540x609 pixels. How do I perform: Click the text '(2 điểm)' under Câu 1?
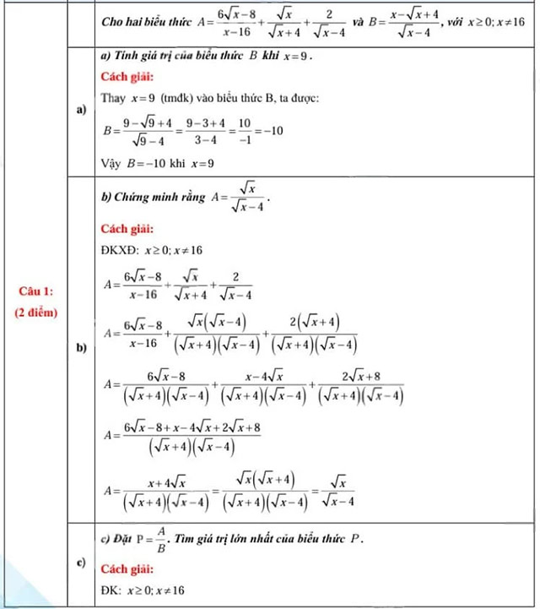(x=36, y=312)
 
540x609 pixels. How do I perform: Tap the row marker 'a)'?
(x=82, y=110)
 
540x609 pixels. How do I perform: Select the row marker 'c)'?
(x=82, y=563)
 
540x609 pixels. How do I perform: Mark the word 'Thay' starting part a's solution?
(x=112, y=100)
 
